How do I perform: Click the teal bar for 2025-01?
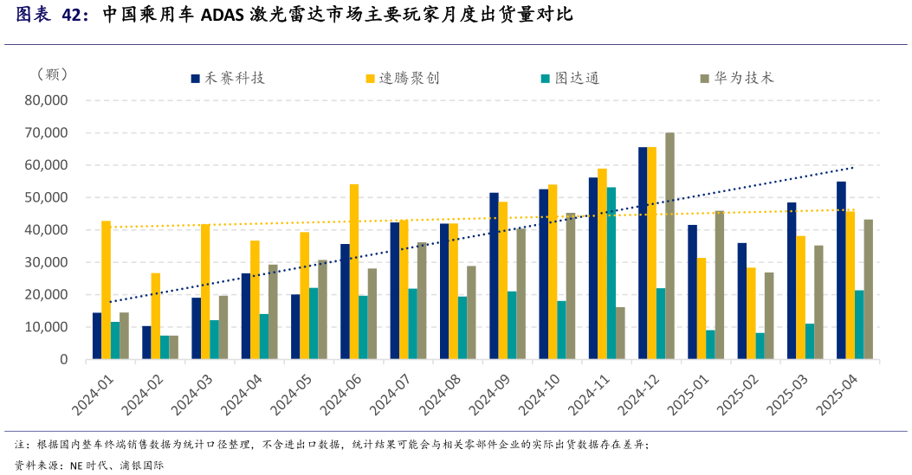(x=710, y=343)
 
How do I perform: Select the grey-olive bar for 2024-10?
(x=571, y=286)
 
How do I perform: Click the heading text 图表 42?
(x=52, y=15)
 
